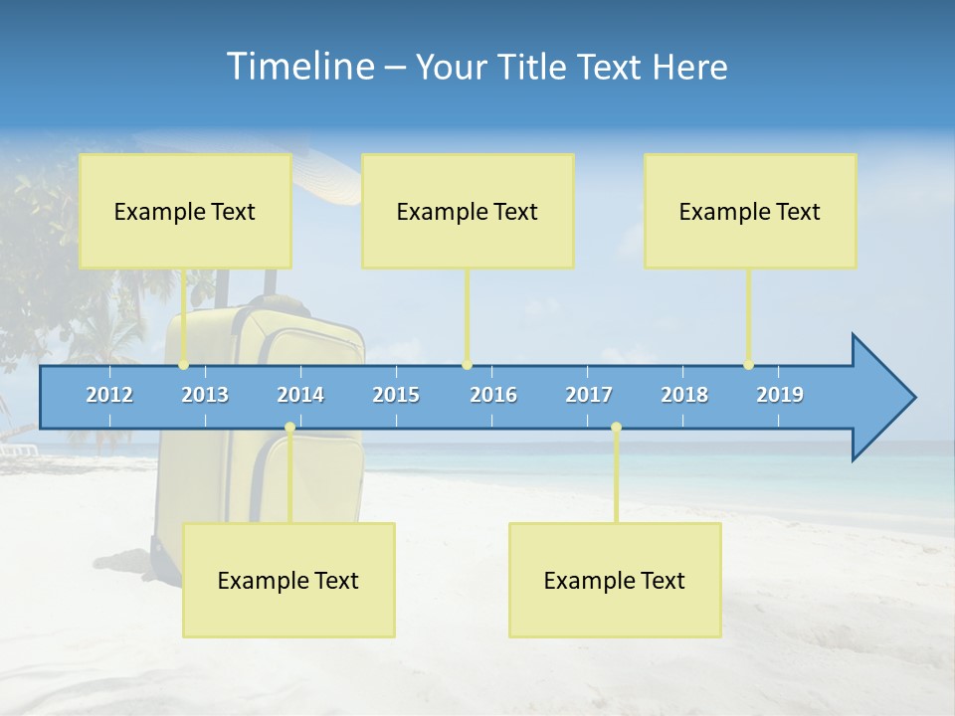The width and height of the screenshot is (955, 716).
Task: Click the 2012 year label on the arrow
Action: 109,395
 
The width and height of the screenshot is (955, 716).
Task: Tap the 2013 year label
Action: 205,395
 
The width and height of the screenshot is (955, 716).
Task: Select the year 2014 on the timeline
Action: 300,395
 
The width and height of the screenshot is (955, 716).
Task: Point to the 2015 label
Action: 396,395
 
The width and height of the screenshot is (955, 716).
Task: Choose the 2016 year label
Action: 493,395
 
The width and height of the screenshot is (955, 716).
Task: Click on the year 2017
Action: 589,395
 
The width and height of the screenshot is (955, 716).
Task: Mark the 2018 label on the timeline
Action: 684,395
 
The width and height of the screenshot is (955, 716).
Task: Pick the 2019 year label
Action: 780,395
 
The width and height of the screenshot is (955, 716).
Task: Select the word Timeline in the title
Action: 298,66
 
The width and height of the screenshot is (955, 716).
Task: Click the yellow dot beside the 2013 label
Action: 183,365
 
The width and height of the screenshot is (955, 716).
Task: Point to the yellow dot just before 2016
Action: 467,365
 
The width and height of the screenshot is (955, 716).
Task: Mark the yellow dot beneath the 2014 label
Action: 289,428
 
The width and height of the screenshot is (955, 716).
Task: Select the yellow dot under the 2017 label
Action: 616,428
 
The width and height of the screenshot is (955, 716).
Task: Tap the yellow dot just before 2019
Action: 748,365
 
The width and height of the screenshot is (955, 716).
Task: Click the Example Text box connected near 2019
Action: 750,211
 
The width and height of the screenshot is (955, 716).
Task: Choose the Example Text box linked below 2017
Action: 615,580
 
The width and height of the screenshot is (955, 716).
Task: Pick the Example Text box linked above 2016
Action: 468,211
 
